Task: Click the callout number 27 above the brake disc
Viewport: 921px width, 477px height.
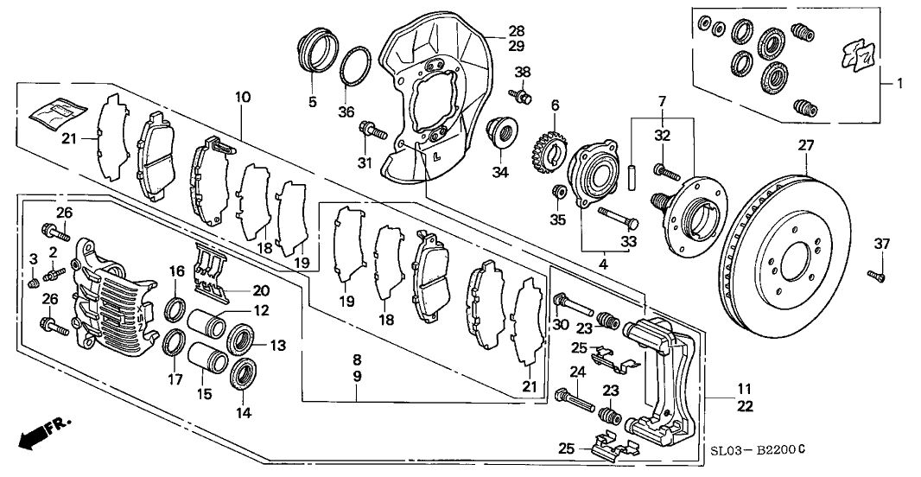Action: [805, 147]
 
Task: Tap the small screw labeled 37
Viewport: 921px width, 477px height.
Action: [875, 276]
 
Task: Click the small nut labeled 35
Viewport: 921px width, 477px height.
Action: [559, 190]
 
